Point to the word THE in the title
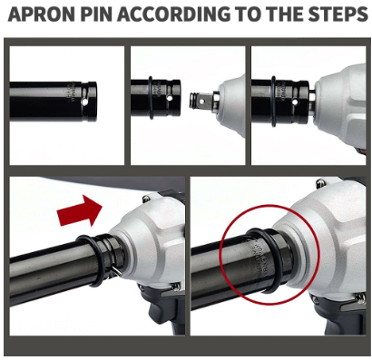pyautogui.click(x=278, y=14)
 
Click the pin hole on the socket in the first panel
pyautogui.click(x=87, y=102)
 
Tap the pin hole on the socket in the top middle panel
pyautogui.click(x=170, y=98)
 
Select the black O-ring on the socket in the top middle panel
pyautogui.click(x=151, y=97)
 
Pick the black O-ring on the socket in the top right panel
pyautogui.click(x=273, y=101)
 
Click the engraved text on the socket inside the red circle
pyautogui.click(x=256, y=257)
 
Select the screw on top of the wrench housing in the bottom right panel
pyautogui.click(x=318, y=182)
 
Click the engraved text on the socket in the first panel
pyautogui.click(x=71, y=91)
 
